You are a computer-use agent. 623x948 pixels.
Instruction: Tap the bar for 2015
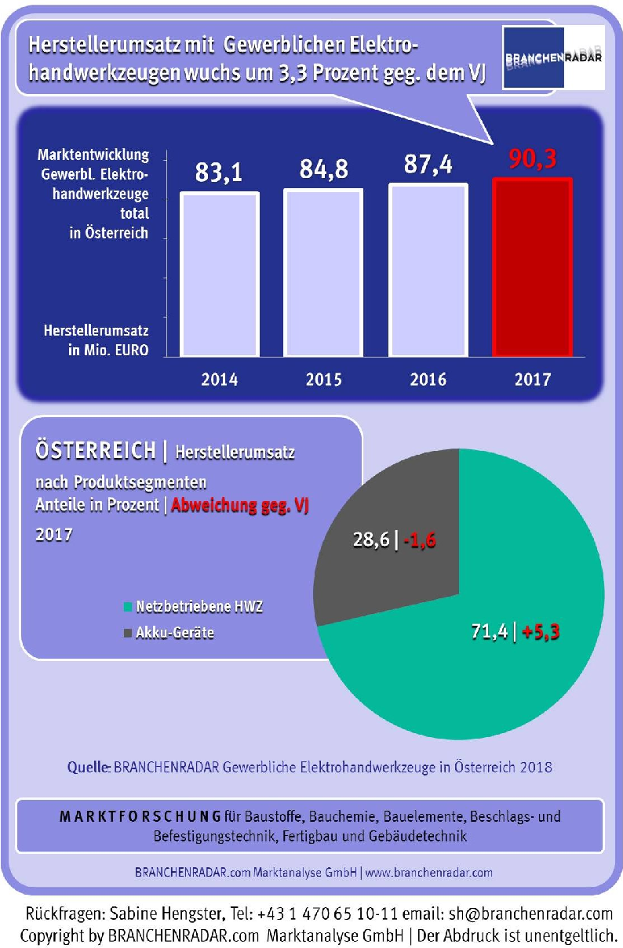323,273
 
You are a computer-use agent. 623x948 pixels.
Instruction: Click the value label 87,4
428,166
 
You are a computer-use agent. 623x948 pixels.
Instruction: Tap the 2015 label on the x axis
323,380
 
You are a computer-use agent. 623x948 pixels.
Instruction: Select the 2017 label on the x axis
533,380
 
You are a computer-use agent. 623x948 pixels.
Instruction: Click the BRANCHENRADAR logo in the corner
554,57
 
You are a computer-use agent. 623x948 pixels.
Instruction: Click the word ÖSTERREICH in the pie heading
93,452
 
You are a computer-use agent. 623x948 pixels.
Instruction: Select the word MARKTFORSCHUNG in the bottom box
140,816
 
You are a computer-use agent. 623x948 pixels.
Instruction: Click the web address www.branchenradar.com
429,872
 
